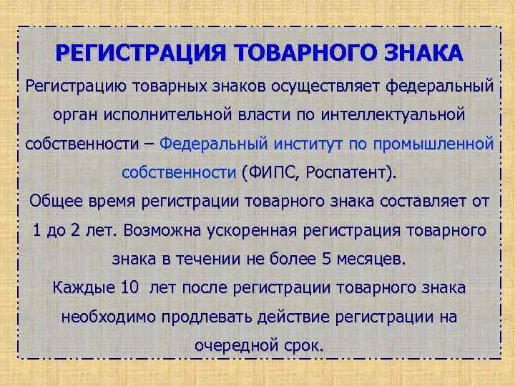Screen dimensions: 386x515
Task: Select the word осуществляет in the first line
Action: tap(334, 86)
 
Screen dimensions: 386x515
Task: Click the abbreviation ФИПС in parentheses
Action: tap(270, 172)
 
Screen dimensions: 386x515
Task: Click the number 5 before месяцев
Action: tap(328, 259)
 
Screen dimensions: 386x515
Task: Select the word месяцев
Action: tap(371, 259)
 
